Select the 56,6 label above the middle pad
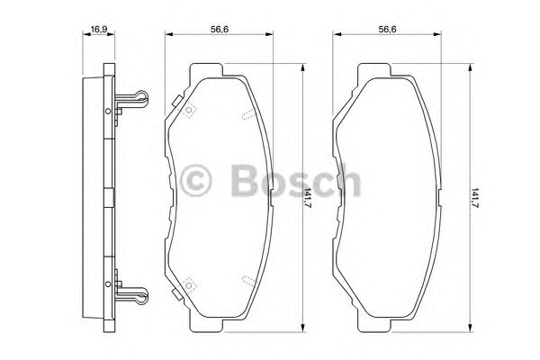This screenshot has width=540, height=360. (218, 29)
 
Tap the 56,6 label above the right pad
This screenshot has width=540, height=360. (388, 29)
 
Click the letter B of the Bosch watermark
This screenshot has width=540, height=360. (244, 180)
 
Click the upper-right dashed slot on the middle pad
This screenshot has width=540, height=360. (248, 112)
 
